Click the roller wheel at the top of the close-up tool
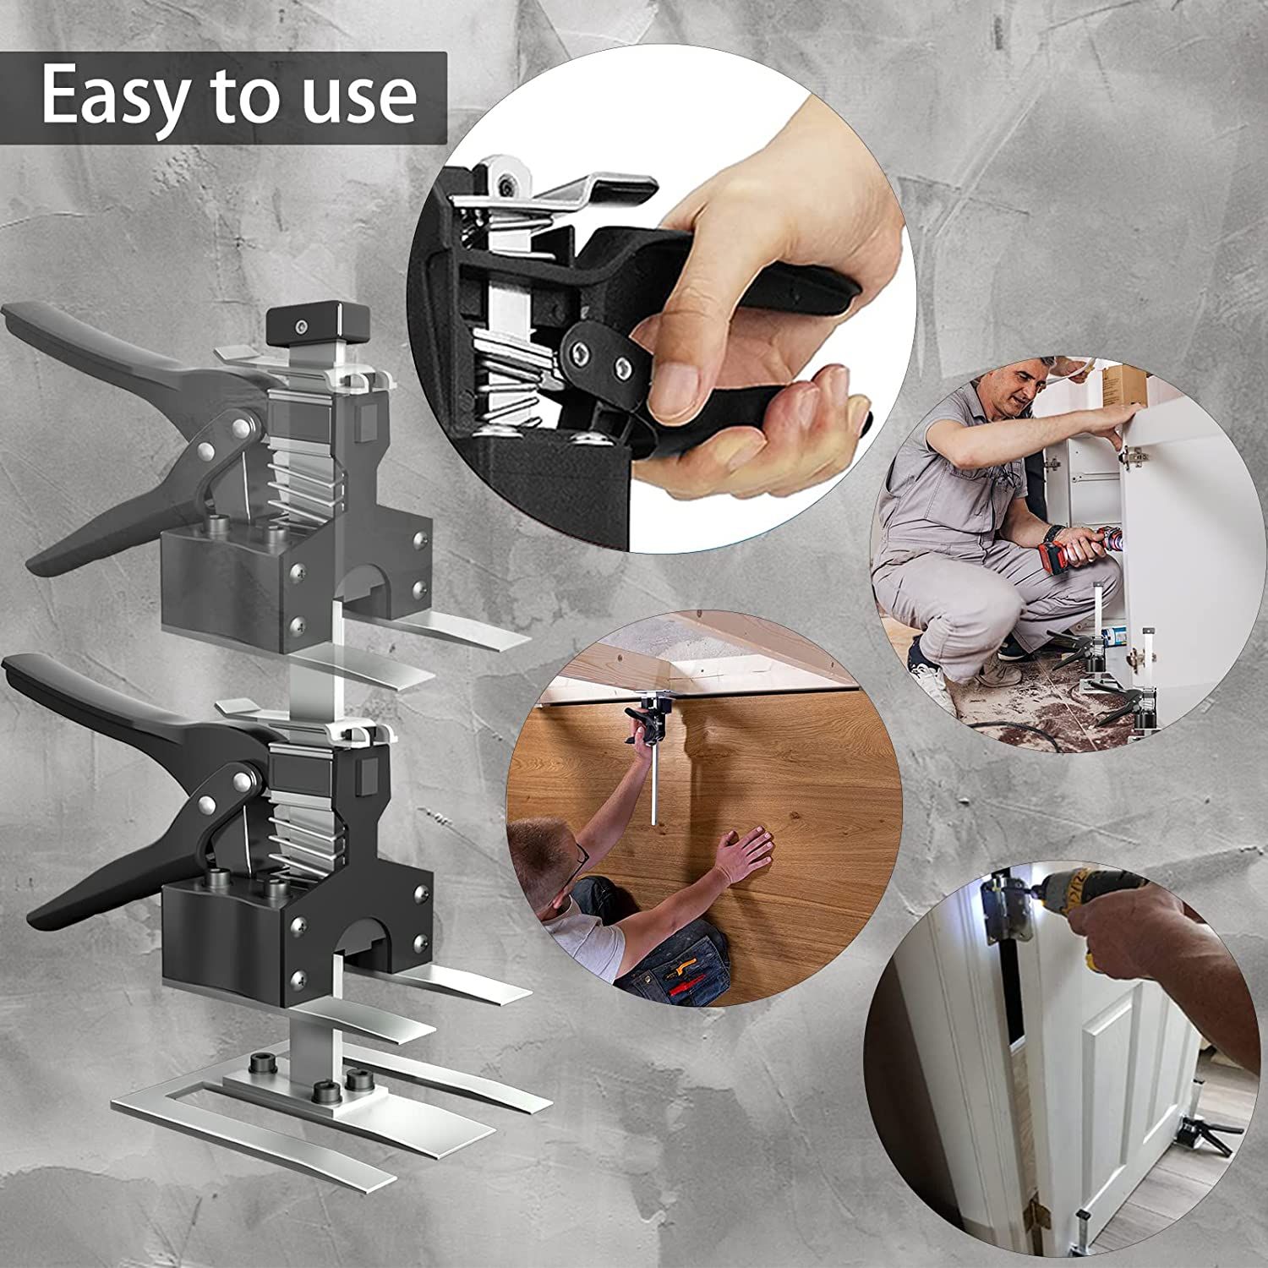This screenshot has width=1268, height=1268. click(510, 180)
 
